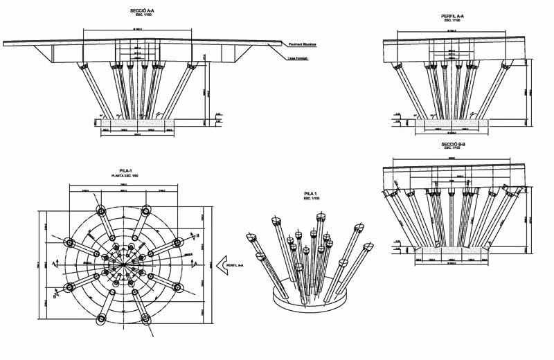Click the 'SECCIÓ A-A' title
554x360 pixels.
(142, 11)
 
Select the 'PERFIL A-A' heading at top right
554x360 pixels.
(457, 16)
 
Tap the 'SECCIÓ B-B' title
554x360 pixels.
(454, 143)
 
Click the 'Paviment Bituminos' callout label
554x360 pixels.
(304, 45)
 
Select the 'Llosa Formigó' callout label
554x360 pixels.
(298, 60)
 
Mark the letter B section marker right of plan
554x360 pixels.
(199, 235)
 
